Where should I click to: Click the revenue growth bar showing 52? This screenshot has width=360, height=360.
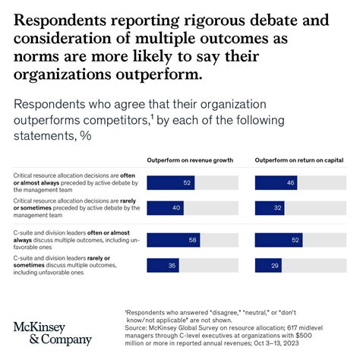170,182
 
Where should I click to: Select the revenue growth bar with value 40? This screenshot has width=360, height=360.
165,208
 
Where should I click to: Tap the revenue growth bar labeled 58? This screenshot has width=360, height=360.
173,240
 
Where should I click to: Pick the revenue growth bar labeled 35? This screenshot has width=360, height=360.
163,266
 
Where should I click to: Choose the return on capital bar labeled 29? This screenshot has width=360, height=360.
267,266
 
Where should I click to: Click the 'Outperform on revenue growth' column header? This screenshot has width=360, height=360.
190,160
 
